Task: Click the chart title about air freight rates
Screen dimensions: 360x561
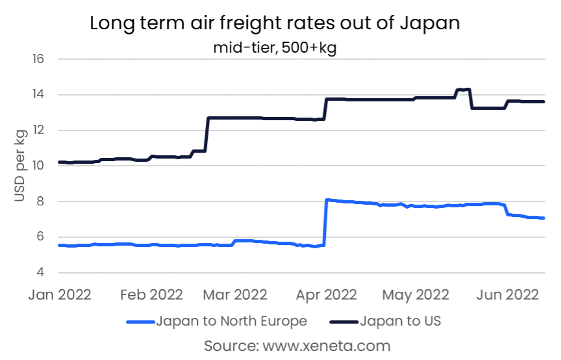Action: [275, 23]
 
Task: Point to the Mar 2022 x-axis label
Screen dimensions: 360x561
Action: [234, 294]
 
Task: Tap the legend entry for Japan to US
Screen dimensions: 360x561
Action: [386, 321]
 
